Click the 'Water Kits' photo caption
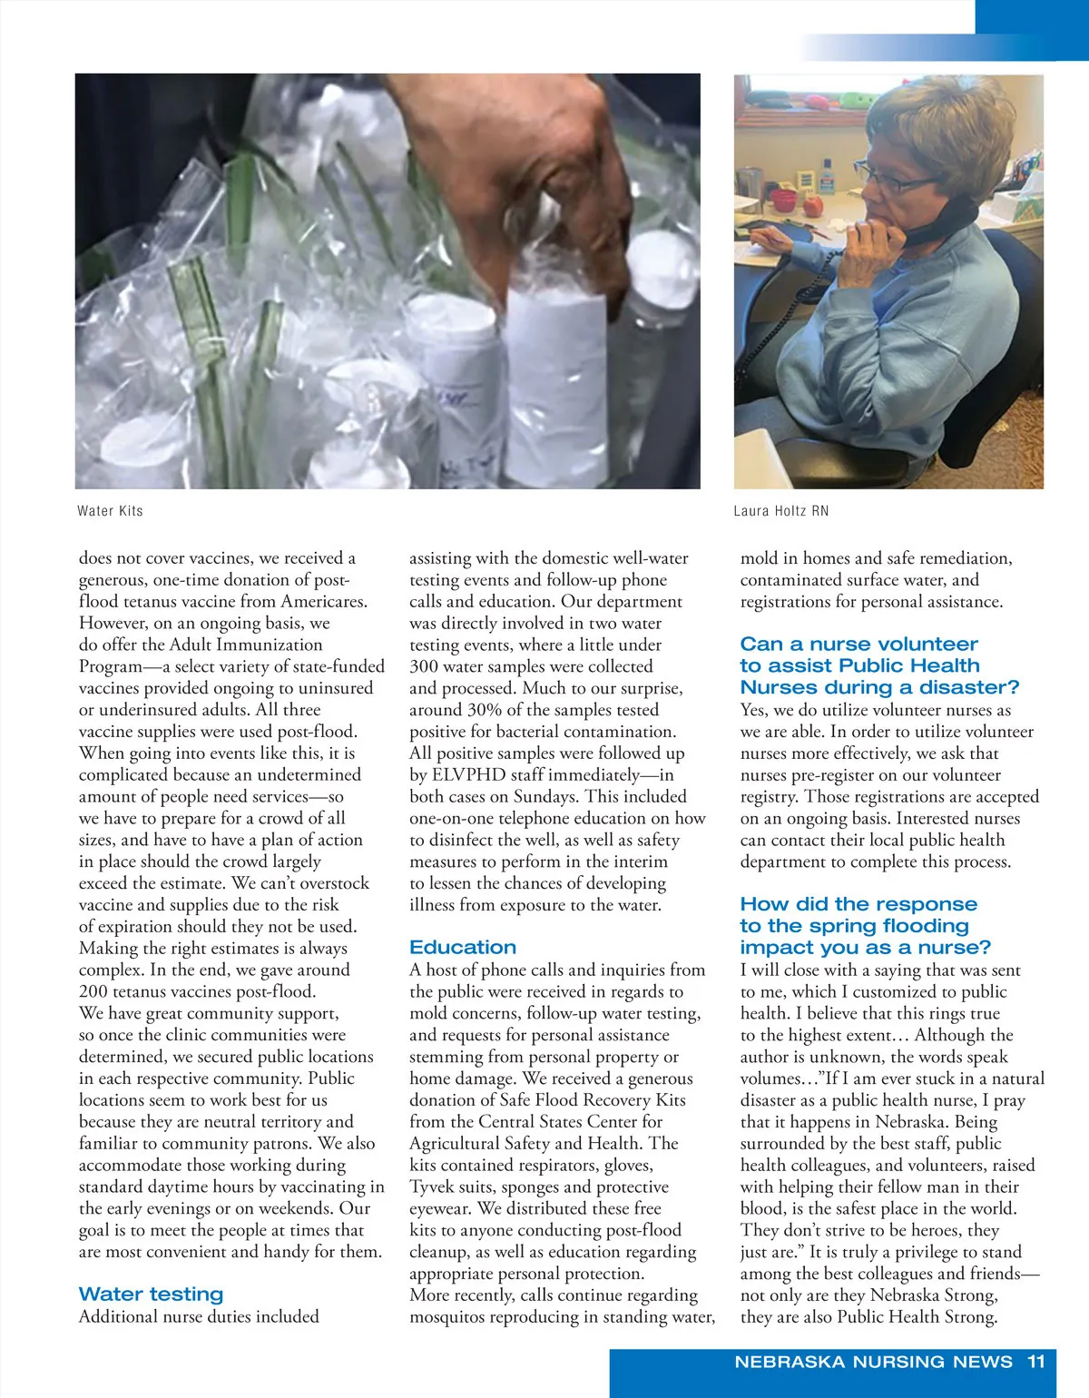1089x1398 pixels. tap(110, 511)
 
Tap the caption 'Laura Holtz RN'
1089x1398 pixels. tap(780, 511)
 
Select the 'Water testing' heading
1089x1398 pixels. tap(151, 1294)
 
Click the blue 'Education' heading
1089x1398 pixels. tap(463, 947)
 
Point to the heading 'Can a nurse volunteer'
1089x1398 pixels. tap(858, 644)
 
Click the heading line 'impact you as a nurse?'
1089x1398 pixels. tap(865, 947)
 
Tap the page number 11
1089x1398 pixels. tap(1036, 1362)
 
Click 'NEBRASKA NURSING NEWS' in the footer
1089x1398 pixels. tap(873, 1362)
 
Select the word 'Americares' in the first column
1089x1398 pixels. tap(323, 601)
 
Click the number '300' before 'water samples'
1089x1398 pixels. tap(424, 666)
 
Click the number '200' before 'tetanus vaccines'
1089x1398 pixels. tap(93, 991)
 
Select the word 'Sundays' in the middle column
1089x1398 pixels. tap(545, 796)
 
